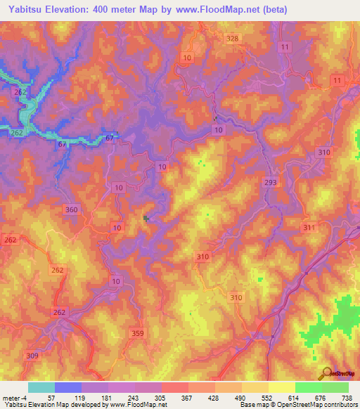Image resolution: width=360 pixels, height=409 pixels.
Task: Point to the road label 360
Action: point(71,209)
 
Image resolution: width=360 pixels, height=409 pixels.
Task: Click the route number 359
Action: point(138,333)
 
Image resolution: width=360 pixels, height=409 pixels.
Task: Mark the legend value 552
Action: point(266,398)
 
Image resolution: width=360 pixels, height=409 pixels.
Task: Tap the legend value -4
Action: point(24,398)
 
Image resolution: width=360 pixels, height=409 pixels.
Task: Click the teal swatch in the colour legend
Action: point(41,387)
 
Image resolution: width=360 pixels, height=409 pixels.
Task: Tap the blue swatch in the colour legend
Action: point(67,387)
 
